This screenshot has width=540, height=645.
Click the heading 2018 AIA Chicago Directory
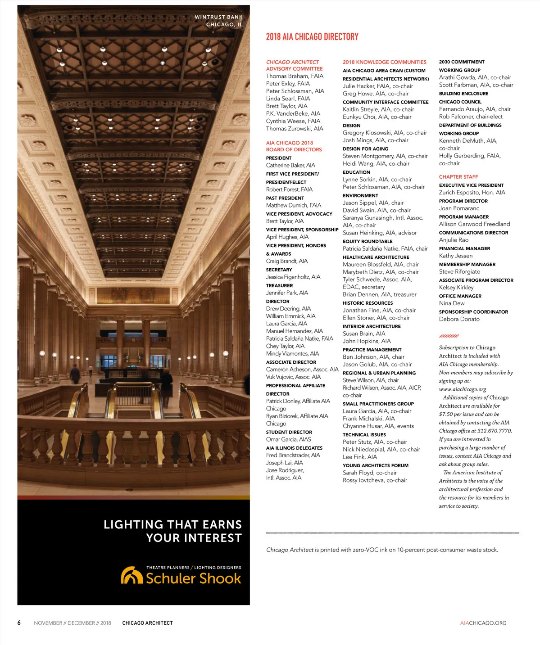point(312,37)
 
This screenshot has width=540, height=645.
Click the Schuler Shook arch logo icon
point(132,575)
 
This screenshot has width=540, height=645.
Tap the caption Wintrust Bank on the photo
point(218,17)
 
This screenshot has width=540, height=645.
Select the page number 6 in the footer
point(19,622)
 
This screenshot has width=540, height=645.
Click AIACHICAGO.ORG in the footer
point(483,623)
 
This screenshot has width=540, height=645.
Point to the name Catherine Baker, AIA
point(290,165)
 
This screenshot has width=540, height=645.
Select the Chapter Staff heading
point(458,177)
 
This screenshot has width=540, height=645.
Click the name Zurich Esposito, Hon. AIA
point(472,192)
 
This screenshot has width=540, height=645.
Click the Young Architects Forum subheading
point(376,465)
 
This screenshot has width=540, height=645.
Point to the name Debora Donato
point(459,319)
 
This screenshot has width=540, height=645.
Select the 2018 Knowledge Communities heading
point(384,62)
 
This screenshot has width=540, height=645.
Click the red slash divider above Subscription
point(449,336)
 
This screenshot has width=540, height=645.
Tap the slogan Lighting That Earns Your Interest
point(172,531)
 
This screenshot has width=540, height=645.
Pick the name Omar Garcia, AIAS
point(288,439)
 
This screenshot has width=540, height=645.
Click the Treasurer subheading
point(279,285)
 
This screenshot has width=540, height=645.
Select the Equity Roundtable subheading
point(368,241)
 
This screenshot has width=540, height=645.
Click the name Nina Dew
point(452,303)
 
